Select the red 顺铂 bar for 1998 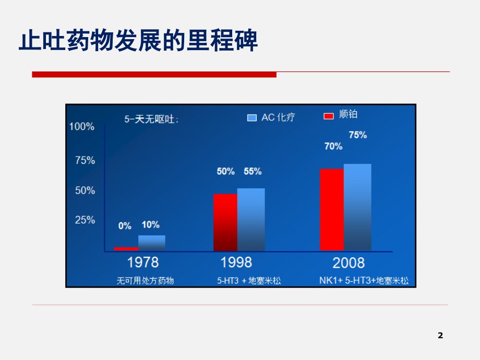click(225, 222)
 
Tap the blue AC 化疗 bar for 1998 click(251, 220)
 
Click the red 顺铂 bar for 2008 click(332, 210)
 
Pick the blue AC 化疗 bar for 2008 click(357, 207)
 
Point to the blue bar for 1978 click(152, 243)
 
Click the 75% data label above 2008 click(358, 135)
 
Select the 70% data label click(333, 147)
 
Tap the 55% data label click(253, 171)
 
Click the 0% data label click(125, 226)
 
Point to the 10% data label click(151, 225)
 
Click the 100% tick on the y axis click(82, 127)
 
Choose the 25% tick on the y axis click(85, 220)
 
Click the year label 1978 click(143, 262)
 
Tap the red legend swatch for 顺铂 click(329, 116)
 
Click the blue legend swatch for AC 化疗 click(252, 118)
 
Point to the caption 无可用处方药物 click(145, 281)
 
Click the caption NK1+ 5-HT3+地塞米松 click(364, 281)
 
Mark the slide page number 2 click(440, 335)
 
